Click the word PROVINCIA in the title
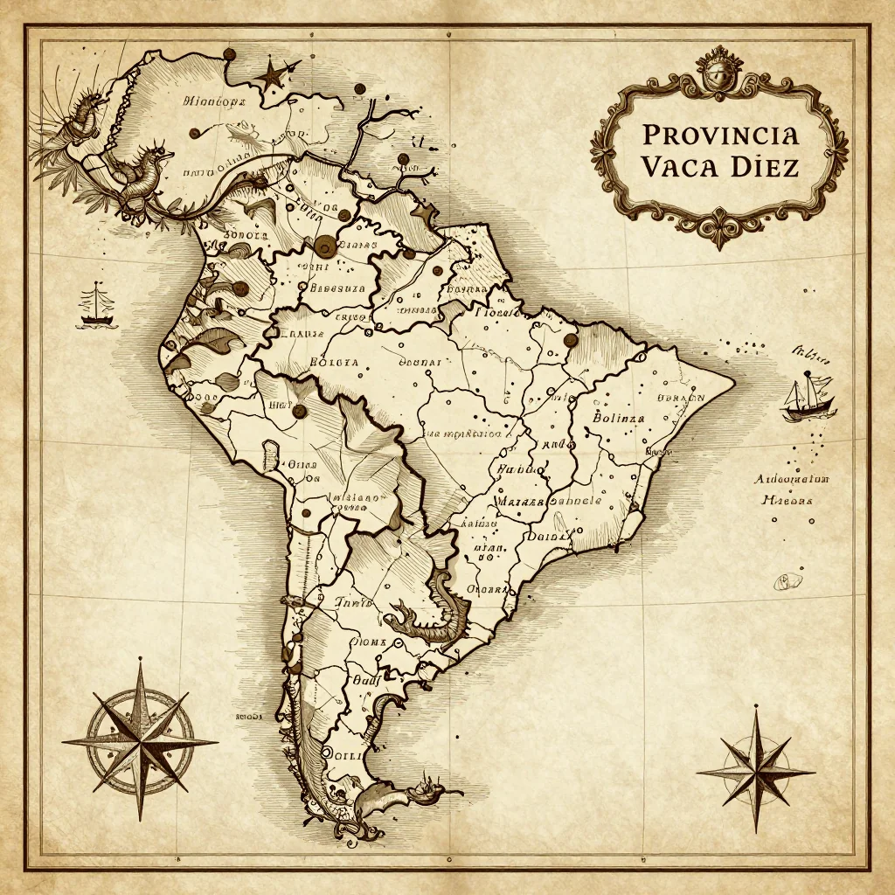719,135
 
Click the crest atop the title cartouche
718,71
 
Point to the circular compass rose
140,740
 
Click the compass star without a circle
755,769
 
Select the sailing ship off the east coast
808,396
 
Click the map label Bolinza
618,418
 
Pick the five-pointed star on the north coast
273,73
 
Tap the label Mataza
520,503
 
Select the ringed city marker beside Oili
329,753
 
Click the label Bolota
334,361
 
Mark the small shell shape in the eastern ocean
790,580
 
